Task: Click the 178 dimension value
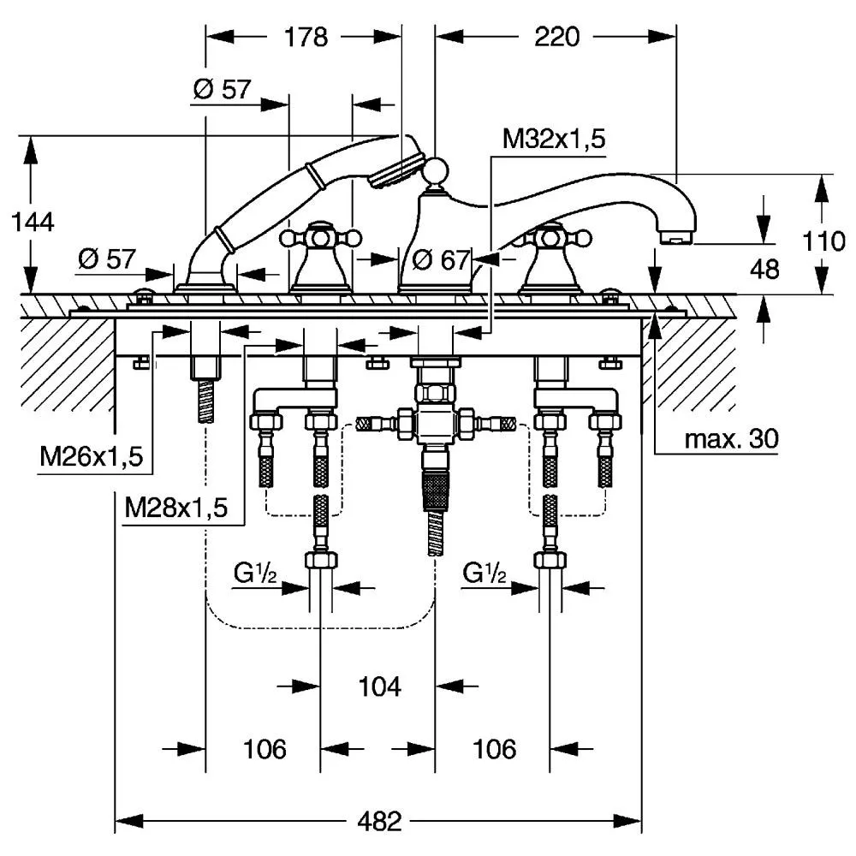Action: point(306,37)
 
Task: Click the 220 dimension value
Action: point(556,37)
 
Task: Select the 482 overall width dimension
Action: point(379,821)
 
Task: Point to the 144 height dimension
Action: point(33,223)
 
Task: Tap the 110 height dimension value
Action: point(823,241)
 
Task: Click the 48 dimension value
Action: point(764,269)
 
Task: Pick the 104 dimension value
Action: point(380,687)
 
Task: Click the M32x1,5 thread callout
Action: point(554,140)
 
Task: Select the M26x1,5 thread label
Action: point(92,456)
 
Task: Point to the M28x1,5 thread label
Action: point(175,507)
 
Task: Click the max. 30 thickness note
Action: point(732,438)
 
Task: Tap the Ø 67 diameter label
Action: point(440,260)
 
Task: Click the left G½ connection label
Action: point(255,574)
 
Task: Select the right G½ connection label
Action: point(484,574)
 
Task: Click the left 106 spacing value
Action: point(265,749)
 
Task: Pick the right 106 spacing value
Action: point(495,749)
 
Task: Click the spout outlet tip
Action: point(676,238)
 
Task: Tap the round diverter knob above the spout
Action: point(436,170)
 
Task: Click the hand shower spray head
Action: point(395,171)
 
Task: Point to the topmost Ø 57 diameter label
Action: point(223,89)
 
